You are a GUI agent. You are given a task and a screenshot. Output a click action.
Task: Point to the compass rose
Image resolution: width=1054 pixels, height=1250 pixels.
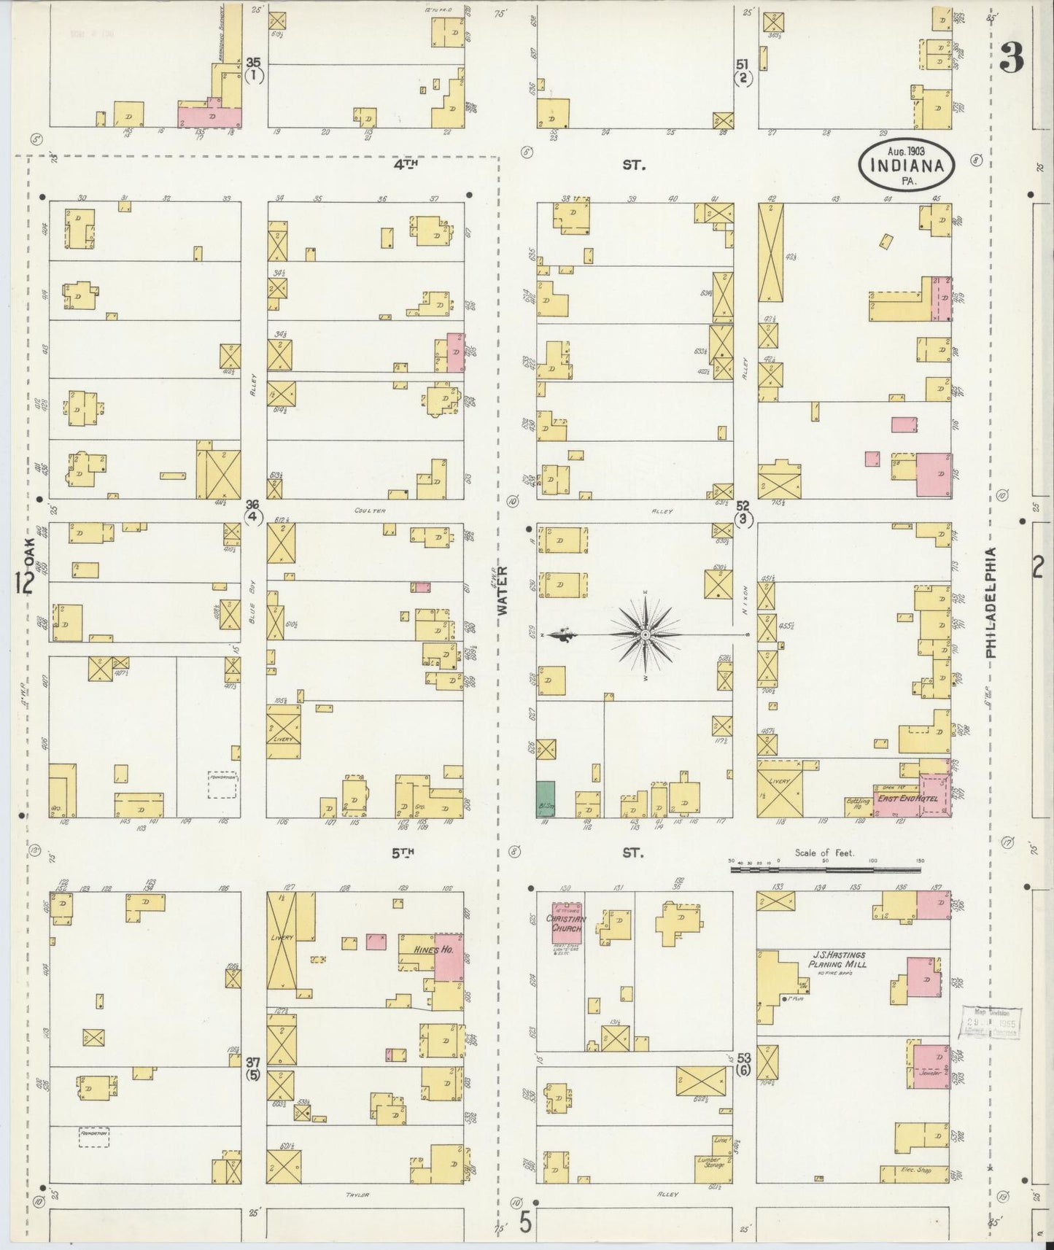point(646,635)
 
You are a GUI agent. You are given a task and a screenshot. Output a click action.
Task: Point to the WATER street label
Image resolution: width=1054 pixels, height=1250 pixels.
point(503,592)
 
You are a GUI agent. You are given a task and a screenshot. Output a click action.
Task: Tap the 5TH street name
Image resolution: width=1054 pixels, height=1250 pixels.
point(403,851)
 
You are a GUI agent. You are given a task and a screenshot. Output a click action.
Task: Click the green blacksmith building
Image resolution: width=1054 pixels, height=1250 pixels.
point(545,799)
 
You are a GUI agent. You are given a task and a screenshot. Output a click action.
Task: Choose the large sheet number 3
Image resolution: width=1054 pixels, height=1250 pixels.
point(1010,58)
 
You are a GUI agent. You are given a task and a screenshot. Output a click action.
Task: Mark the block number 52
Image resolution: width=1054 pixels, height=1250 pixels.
point(743,505)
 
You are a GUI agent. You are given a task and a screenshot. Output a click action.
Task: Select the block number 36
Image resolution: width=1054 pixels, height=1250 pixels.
point(252,504)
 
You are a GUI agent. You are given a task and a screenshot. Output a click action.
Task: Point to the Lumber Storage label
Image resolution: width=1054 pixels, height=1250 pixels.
point(710,1162)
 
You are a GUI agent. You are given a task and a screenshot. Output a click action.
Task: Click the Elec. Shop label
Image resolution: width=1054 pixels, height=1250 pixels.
point(916,1171)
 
